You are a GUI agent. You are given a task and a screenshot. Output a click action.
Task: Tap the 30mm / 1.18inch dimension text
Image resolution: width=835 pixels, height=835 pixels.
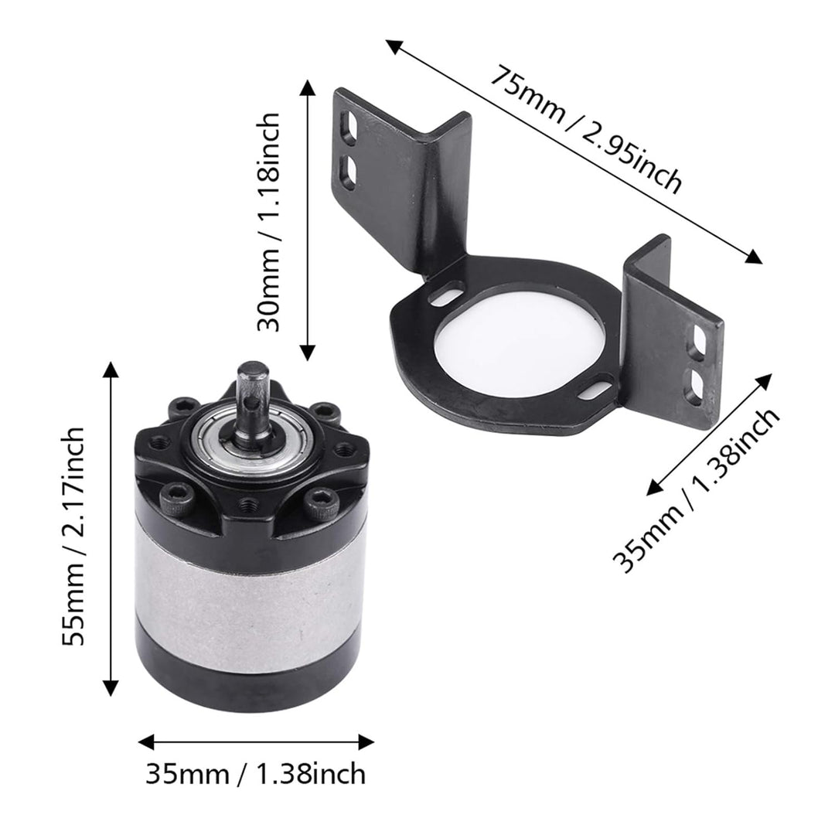(268, 222)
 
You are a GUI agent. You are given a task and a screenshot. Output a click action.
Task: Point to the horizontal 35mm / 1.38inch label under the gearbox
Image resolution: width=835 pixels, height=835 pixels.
(256, 774)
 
